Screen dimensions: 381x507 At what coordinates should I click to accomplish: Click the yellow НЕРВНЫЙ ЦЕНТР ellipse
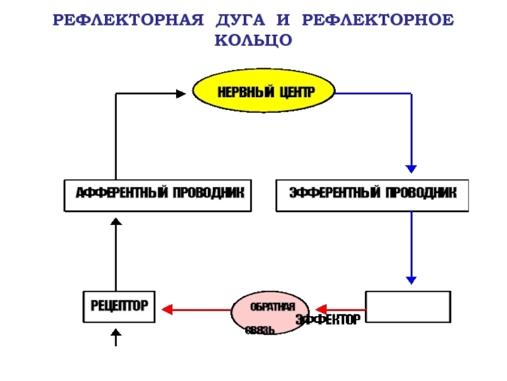(263, 92)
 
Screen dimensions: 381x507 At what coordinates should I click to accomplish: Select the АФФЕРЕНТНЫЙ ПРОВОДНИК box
(158, 195)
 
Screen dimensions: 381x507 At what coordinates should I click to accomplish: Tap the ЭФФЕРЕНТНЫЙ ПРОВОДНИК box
(372, 195)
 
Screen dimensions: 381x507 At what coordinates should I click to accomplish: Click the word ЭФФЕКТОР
(328, 320)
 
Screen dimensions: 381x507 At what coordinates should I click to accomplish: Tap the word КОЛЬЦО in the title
(253, 39)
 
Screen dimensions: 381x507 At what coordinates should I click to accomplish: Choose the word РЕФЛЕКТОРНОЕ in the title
(378, 20)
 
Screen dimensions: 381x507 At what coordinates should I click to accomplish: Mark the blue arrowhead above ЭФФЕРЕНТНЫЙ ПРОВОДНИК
(411, 169)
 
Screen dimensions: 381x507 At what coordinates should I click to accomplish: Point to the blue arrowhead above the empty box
(411, 280)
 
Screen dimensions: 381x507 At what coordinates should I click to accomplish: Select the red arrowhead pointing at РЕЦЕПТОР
(168, 310)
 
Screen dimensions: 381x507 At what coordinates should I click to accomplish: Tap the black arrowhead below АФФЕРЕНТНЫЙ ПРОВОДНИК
(115, 222)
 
